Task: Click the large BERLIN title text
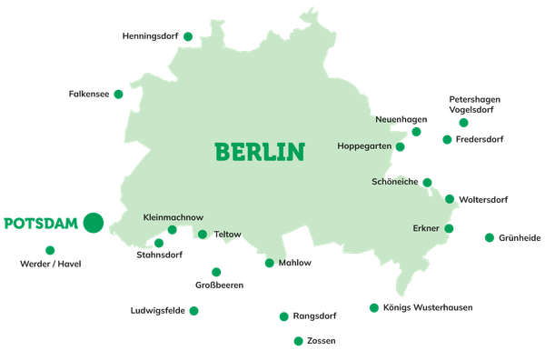(259, 151)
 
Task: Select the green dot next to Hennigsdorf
(188, 36)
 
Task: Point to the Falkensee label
(89, 94)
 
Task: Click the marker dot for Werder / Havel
(50, 250)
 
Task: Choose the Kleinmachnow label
(173, 217)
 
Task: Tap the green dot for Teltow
(203, 235)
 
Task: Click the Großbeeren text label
(219, 285)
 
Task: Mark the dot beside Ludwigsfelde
(193, 311)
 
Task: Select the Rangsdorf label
(314, 316)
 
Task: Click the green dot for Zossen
(298, 341)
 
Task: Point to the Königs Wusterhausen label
(427, 308)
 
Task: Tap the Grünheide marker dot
(490, 237)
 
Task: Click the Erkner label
(425, 228)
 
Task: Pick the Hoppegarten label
(364, 146)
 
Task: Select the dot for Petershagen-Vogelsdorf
(464, 123)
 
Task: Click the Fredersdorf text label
(479, 140)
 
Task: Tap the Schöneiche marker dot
(427, 182)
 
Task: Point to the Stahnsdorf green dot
(159, 244)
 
